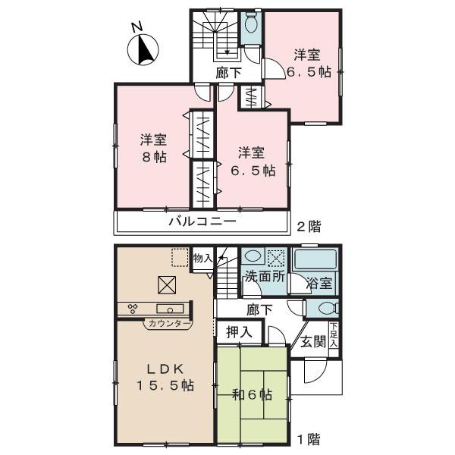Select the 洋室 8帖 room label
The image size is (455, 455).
152,149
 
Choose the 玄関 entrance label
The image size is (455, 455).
311,341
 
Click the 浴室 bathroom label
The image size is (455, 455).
318,284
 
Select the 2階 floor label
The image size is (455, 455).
307,225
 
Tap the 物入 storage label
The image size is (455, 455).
202,259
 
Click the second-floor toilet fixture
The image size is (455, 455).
251,28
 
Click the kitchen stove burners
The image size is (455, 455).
133,308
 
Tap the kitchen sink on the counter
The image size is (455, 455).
167,308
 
